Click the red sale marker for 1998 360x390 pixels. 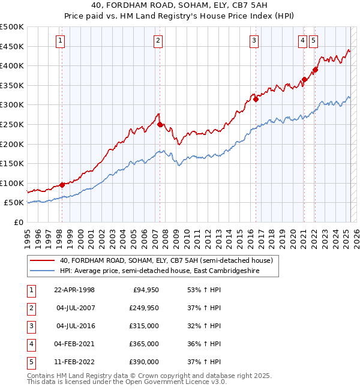point(62,185)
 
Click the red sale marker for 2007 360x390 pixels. point(160,125)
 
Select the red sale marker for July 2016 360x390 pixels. point(256,100)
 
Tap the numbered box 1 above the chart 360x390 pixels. point(61,41)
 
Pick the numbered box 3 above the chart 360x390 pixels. point(254,41)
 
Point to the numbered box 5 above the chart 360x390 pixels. point(314,41)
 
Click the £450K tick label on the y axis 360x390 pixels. point(12,46)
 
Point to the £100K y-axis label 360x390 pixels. point(12,183)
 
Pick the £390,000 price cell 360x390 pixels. point(144,362)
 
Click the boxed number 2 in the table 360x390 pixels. point(31,308)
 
